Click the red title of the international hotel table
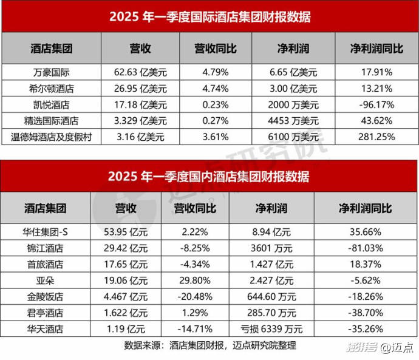[209, 17]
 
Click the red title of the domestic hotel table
[209, 177]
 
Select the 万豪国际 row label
[51, 72]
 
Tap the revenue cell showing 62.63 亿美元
[140, 72]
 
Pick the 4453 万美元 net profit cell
[293, 120]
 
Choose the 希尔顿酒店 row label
[51, 88]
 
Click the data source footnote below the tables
[209, 345]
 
